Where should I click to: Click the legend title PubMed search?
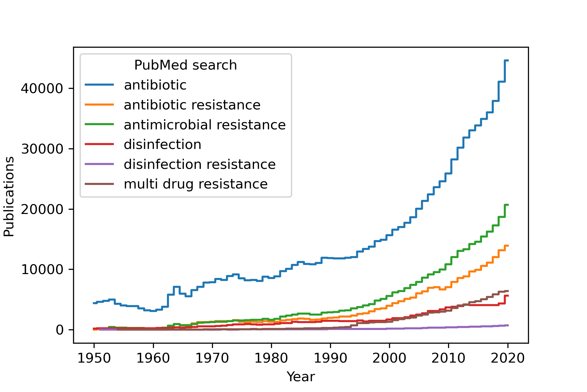(185, 65)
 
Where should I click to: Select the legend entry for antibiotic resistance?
(192, 105)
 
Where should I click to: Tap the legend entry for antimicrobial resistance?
(204, 125)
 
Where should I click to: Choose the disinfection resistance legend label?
(199, 164)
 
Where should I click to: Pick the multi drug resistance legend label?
(195, 184)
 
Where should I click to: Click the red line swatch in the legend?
(99, 144)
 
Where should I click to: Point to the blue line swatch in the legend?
(99, 85)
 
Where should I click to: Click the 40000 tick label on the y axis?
(42, 89)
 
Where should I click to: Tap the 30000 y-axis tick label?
(42, 149)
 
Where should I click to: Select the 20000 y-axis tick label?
(42, 209)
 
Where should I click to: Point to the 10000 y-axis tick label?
(42, 269)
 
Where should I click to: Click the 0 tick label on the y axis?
(60, 330)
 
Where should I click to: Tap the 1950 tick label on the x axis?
(94, 358)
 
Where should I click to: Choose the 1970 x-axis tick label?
(212, 358)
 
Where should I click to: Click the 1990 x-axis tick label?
(330, 358)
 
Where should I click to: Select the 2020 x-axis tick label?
(508, 358)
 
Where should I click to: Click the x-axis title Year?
(301, 377)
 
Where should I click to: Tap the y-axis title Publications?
(9, 196)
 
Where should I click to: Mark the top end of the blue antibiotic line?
(507, 60)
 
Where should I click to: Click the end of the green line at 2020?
(507, 205)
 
